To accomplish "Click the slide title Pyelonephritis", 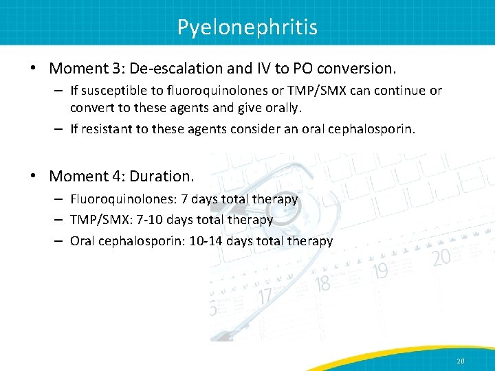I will (247, 27).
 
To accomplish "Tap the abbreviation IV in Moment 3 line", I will (268, 69).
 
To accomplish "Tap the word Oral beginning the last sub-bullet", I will (83, 241).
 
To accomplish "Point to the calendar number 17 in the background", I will (265, 297).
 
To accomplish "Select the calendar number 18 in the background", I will (323, 282).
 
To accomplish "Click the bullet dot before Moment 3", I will (33, 69).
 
